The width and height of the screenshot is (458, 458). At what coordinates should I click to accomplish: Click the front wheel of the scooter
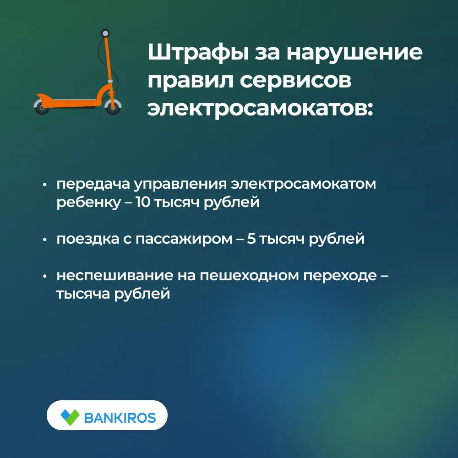coord(113,107)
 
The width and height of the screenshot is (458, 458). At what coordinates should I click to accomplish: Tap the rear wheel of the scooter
coord(42,107)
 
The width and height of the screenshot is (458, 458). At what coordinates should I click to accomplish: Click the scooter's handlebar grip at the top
coord(105,33)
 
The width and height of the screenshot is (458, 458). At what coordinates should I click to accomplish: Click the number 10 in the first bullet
coord(143,202)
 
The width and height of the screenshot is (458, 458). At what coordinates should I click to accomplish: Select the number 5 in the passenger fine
coord(251,239)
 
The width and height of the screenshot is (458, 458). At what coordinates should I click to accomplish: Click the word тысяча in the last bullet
coord(82,294)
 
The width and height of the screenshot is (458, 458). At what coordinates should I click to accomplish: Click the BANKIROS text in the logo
coord(120,418)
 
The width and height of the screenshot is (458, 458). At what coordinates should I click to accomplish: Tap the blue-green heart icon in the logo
coord(70,417)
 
